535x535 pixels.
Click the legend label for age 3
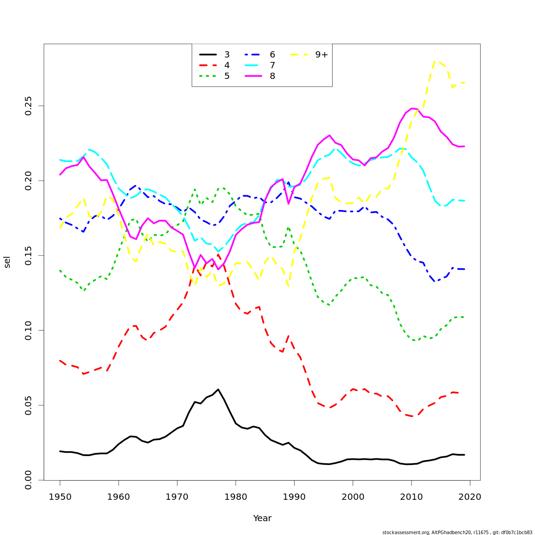click(227, 55)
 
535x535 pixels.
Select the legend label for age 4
click(227, 66)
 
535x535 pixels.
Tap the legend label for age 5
click(227, 76)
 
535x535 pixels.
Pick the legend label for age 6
click(272, 55)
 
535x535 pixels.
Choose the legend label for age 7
click(272, 66)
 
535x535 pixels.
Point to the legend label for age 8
click(272, 76)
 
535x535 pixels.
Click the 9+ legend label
click(321, 55)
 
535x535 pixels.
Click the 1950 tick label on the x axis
click(60, 496)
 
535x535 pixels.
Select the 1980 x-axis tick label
click(235, 496)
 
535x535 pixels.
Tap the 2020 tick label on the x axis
click(470, 496)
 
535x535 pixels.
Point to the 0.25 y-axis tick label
click(29, 106)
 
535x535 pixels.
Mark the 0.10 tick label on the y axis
click(29, 330)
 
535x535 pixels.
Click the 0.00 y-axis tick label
click(29, 480)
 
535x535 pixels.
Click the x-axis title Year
click(262, 519)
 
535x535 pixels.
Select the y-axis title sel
click(7, 262)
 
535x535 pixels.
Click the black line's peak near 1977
click(218, 389)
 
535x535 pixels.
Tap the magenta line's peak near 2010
click(412, 108)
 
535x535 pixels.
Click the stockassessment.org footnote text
click(457, 532)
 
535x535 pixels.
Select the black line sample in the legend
click(208, 55)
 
